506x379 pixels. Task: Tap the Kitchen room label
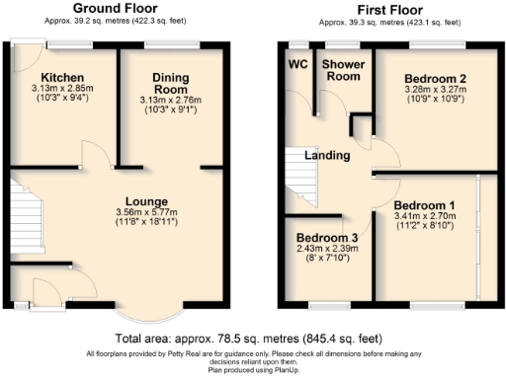pyautogui.click(x=61, y=77)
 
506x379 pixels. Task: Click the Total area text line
pyautogui.click(x=253, y=340)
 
